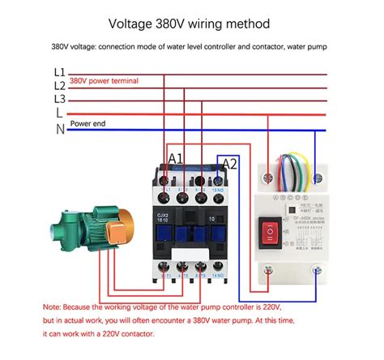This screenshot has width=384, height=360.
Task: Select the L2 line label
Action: click(59, 85)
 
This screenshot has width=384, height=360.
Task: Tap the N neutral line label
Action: click(59, 128)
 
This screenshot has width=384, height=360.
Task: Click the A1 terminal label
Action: click(175, 157)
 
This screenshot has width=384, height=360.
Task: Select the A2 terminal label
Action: click(229, 163)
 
